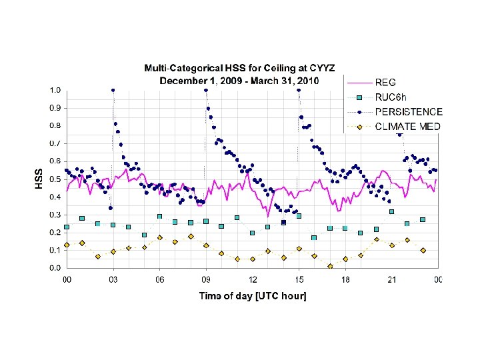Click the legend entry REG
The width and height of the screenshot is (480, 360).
coord(385,83)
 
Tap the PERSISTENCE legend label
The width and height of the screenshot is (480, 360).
coord(409,112)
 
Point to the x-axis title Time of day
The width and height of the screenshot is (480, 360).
coord(253,295)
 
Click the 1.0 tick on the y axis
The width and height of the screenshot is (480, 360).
coord(55,90)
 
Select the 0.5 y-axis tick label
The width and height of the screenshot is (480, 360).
coord(55,179)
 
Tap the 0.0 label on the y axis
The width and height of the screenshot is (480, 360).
coord(55,268)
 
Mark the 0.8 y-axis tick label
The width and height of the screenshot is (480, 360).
coord(55,125)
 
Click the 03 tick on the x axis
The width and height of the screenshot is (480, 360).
coord(113,280)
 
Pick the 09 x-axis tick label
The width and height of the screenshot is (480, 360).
coord(206,280)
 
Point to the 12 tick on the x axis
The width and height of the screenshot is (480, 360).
coord(253,280)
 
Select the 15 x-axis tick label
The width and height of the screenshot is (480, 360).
coord(299,280)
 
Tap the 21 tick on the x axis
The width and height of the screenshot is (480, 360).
coord(391,280)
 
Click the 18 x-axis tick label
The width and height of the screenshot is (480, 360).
coord(345,280)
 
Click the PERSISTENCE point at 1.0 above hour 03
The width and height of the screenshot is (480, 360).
coord(113,90)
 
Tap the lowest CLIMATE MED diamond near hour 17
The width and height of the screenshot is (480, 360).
coord(330,266)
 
